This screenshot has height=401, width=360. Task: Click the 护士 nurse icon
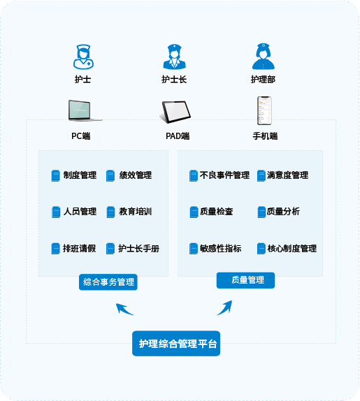pyautogui.click(x=83, y=57)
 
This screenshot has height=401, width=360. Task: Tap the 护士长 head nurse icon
pyautogui.click(x=174, y=57)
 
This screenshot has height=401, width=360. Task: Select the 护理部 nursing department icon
pyautogui.click(x=264, y=57)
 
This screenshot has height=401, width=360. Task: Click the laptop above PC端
pyautogui.click(x=85, y=110)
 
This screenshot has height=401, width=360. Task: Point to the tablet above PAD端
pyautogui.click(x=175, y=112)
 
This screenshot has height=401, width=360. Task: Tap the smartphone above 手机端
pyautogui.click(x=264, y=110)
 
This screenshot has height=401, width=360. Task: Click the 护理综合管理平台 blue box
pyautogui.click(x=176, y=343)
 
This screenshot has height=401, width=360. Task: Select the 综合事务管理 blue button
pyautogui.click(x=108, y=282)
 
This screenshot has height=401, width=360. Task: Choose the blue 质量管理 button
pyautogui.click(x=245, y=280)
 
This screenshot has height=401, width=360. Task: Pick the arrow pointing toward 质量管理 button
pyautogui.click(x=225, y=307)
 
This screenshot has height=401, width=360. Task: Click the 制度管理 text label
pyautogui.click(x=80, y=175)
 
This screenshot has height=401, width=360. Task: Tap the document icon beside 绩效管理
pyautogui.click(x=110, y=175)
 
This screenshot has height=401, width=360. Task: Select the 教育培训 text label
pyautogui.click(x=136, y=212)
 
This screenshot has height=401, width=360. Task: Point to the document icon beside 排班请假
pyautogui.click(x=55, y=249)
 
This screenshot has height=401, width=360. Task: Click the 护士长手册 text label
pyautogui.click(x=138, y=248)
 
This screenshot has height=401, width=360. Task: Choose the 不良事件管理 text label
pyautogui.click(x=224, y=175)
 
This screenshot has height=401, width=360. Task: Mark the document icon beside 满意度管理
pyautogui.click(x=261, y=175)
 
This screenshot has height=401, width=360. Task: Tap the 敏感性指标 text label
pyautogui.click(x=221, y=248)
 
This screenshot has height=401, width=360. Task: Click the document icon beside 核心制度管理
pyautogui.click(x=261, y=249)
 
